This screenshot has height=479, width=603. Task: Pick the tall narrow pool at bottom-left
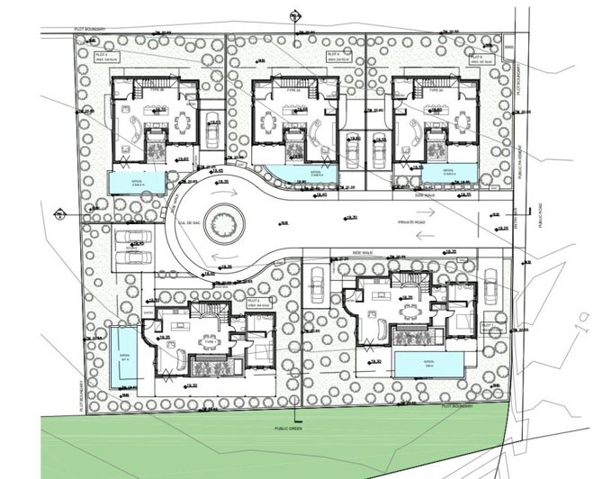[x=120, y=353]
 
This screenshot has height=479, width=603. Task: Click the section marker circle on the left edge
[x=59, y=214]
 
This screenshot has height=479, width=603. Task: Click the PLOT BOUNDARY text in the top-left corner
[x=90, y=30]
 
